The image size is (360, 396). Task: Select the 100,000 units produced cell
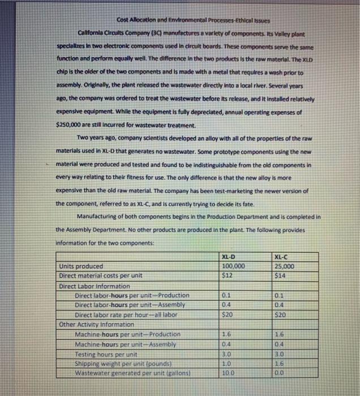click(233, 266)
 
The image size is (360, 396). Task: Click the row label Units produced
click(82, 266)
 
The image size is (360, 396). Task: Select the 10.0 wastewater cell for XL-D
click(229, 372)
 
